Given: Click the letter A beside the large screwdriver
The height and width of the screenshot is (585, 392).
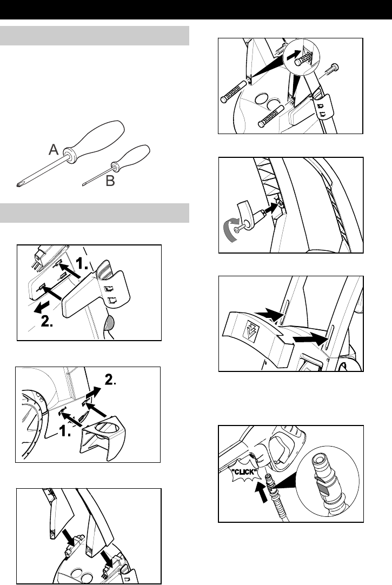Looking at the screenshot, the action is (x=54, y=150).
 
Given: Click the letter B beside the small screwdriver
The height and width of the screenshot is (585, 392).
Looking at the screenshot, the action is (x=110, y=181).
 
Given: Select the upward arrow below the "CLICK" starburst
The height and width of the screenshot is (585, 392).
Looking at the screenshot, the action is (x=263, y=491).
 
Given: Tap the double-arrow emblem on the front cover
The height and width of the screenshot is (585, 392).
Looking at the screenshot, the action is (x=250, y=331).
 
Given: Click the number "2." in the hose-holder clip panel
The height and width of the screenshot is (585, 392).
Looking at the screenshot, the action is (x=47, y=321).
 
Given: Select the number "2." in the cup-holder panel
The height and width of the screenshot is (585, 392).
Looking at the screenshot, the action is (x=110, y=380).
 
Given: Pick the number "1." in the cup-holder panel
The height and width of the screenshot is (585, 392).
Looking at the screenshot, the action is (x=65, y=431).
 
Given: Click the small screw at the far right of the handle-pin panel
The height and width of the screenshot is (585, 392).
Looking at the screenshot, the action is (x=331, y=69).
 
